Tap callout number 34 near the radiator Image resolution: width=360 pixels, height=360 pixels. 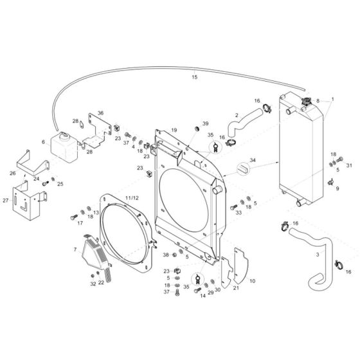pos(253,160)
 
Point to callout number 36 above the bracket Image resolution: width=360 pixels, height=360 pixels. pos(100,113)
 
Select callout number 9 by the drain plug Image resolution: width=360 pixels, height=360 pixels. pos(337,188)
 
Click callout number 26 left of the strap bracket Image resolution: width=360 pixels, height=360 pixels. pos(12,173)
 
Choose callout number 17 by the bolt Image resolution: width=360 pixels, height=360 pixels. pos(80,223)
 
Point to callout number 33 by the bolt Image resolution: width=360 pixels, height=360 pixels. pos(238,212)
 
